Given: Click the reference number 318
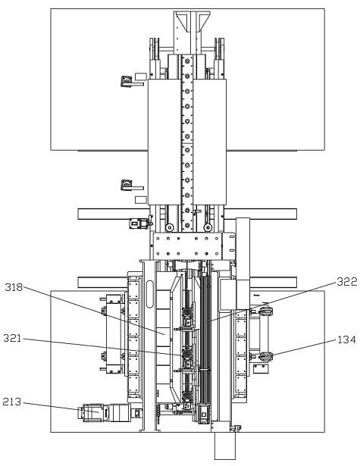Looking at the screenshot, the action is point(14,287).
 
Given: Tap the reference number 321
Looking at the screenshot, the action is point(12,338).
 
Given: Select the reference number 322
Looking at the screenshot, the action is point(346,281).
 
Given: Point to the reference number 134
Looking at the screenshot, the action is point(346,339).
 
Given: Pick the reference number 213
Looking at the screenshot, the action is point(12,402).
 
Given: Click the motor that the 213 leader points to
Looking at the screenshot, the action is point(105,412).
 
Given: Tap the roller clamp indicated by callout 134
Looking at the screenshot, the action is point(266,356).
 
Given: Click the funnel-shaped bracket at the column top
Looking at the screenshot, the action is point(192,21).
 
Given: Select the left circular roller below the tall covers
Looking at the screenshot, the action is point(170,227).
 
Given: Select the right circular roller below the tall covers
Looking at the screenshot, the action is point(208,227).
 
